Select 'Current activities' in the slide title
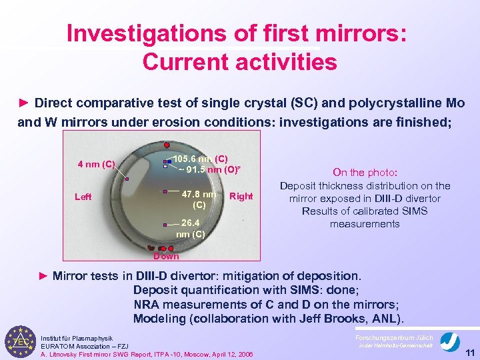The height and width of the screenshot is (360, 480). [239, 62]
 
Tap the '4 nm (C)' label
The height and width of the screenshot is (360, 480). [97, 164]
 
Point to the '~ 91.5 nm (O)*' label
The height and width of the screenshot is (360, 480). [207, 169]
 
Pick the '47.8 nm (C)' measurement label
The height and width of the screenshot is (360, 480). [199, 199]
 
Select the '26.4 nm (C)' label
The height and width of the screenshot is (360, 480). [190, 228]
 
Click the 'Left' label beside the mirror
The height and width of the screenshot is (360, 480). [83, 197]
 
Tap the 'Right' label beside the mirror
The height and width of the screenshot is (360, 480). [241, 196]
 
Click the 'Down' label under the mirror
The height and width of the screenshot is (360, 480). [166, 256]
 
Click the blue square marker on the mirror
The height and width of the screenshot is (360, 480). [170, 160]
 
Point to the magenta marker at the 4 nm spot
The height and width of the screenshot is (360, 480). [127, 179]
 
